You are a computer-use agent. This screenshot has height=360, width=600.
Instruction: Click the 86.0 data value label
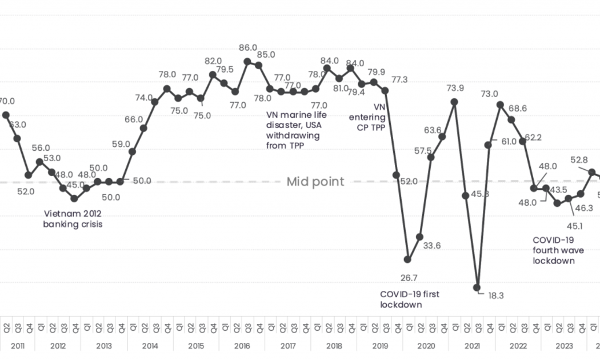coord(248,48)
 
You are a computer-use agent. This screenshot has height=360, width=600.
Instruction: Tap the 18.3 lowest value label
coord(496,295)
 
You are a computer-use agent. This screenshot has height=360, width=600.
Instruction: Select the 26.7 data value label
coord(409,278)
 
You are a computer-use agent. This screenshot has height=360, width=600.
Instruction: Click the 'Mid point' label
coord(315,182)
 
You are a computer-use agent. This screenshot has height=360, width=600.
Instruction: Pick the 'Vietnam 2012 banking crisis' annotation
coord(73,219)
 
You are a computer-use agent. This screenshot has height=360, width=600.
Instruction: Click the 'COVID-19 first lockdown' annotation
coord(410,299)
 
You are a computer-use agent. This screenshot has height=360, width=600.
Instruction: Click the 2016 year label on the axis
coord(242,346)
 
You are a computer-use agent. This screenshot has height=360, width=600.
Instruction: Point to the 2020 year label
coord(426,346)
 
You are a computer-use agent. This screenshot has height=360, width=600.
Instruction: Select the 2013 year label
coord(103,346)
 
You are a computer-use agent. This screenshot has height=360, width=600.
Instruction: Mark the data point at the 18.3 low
coord(477,288)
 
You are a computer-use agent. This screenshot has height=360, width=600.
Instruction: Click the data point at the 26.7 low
coord(407,259)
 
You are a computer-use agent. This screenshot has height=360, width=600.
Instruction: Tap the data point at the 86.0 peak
coord(247,62)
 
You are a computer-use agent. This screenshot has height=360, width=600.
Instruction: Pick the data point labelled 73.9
coord(454,102)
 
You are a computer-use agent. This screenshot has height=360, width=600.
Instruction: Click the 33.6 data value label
coord(432,246)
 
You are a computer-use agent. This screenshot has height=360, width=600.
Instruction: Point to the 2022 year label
coord(518,346)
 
